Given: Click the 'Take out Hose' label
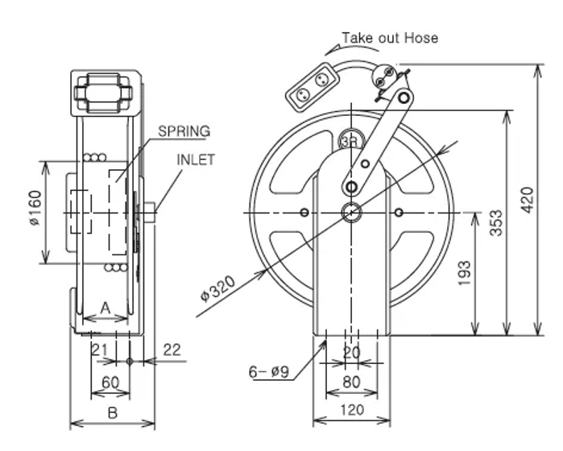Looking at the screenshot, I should click(x=390, y=38).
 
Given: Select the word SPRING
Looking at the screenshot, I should click(x=184, y=130).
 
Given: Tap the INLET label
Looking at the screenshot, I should click(x=196, y=159).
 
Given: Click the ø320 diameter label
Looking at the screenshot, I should click(x=217, y=289).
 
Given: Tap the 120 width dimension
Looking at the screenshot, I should click(x=352, y=410).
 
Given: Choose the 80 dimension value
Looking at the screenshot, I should click(x=352, y=382).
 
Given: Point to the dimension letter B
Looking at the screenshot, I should click(x=113, y=412).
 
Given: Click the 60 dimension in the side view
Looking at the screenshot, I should click(x=110, y=382).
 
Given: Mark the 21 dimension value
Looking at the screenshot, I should click(x=99, y=350).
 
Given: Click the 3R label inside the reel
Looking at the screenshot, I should click(x=350, y=141).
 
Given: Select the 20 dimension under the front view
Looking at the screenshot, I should click(x=352, y=353).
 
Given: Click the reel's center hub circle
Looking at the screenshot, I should click(x=351, y=213).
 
